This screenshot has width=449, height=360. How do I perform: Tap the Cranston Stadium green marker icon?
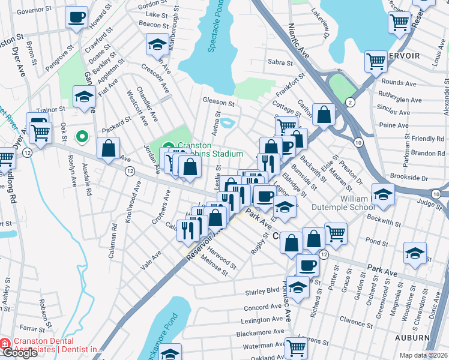[169, 146]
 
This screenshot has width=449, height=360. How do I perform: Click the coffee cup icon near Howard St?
[76, 18]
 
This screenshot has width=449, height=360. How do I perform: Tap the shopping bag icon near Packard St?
[109, 150]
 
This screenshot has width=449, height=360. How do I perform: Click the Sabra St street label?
[280, 62]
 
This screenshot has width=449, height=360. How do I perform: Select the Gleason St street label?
[217, 102]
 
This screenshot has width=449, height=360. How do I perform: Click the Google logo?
[20, 353]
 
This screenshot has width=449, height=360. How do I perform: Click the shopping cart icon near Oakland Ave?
[297, 347]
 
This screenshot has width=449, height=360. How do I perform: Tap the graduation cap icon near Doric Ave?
[415, 253]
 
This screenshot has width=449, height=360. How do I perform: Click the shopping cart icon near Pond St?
[336, 235]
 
